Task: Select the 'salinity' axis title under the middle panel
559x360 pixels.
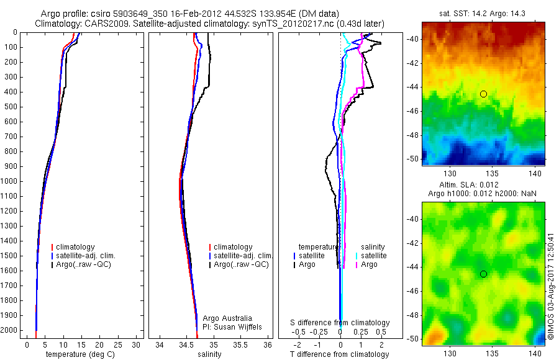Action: (x=208, y=354)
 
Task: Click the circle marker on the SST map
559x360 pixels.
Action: (x=483, y=94)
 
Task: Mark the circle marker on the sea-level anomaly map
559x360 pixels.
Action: (x=483, y=274)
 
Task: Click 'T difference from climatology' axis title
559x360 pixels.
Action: (x=339, y=354)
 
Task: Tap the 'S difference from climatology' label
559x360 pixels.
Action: (x=340, y=323)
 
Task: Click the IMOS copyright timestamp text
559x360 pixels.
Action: (x=551, y=286)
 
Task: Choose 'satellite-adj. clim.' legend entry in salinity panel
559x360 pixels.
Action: (x=243, y=256)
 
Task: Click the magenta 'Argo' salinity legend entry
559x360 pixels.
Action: (x=369, y=264)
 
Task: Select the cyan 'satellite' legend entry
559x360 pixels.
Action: (x=373, y=256)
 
